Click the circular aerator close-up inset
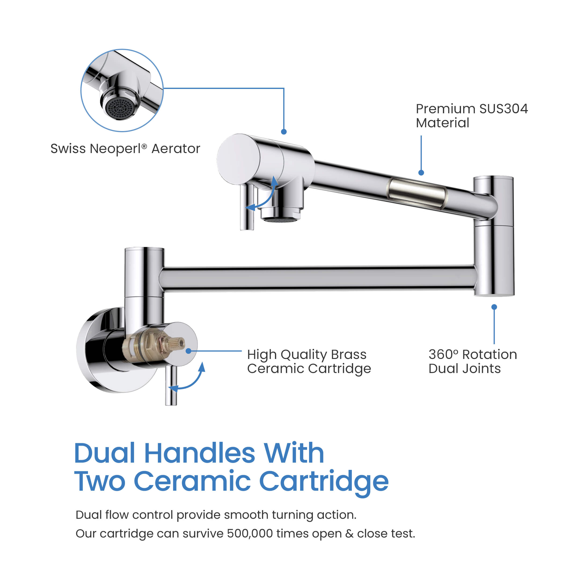click(122, 90)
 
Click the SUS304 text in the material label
click(503, 109)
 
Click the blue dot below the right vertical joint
click(494, 307)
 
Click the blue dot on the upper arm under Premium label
click(421, 173)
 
